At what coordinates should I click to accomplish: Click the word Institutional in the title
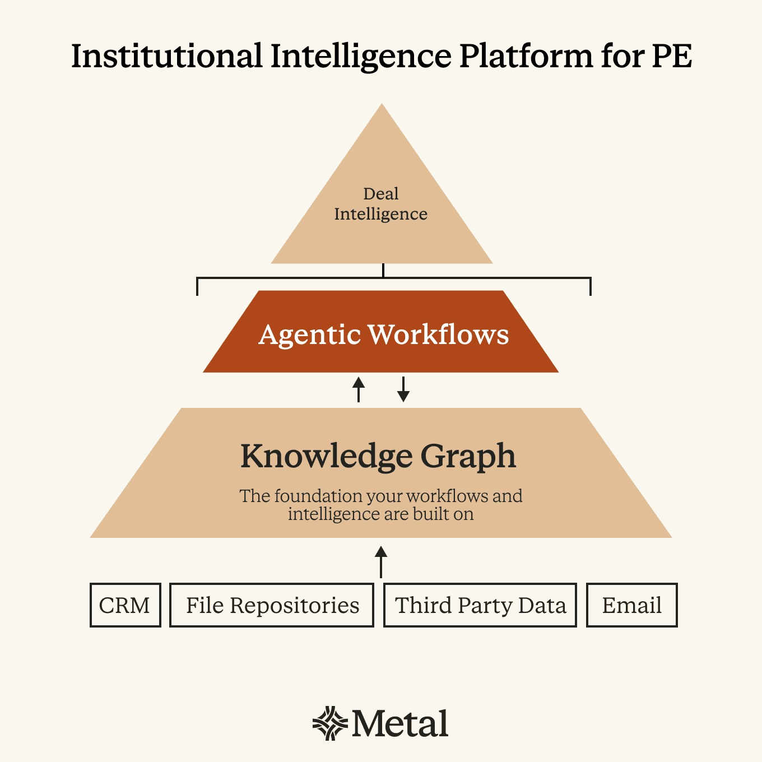tap(166, 56)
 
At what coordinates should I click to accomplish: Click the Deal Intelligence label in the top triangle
tap(381, 204)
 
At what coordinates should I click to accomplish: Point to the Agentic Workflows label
tap(383, 334)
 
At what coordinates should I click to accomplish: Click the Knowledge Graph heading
tap(378, 456)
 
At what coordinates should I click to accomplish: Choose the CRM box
tap(125, 605)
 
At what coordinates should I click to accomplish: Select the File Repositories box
tap(272, 605)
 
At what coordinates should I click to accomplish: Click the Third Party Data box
tap(480, 605)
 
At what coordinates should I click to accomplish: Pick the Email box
tap(631, 605)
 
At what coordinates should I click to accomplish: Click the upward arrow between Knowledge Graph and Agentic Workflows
tap(359, 389)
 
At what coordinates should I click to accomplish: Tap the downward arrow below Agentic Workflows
tap(403, 390)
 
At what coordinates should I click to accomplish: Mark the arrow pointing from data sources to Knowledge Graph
tap(381, 561)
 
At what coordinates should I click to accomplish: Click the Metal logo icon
tap(330, 723)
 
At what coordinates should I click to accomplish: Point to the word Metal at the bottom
tap(400, 723)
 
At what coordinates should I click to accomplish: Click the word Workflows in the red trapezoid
tap(438, 334)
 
